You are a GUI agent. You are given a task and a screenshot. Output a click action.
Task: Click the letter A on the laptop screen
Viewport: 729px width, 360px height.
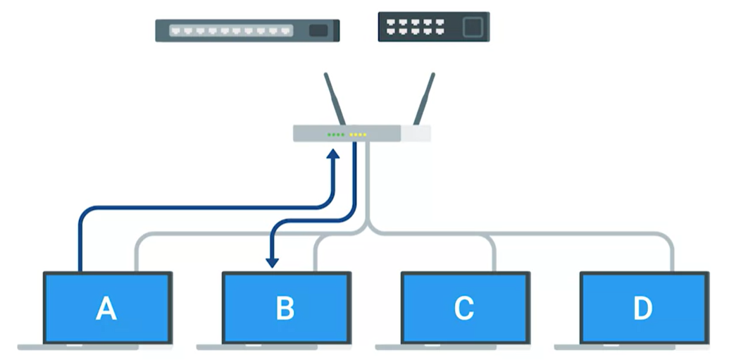click(x=106, y=308)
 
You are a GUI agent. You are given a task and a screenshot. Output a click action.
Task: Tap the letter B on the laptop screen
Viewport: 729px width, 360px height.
click(x=285, y=308)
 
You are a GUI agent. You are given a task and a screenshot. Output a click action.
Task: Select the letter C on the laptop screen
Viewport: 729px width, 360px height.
click(x=463, y=308)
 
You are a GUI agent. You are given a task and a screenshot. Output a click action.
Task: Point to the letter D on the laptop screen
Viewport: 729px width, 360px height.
click(x=642, y=308)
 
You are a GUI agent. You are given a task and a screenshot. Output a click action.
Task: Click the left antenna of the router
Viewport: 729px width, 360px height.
click(x=335, y=99)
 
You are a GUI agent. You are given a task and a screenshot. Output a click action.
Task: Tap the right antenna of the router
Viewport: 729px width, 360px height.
click(x=424, y=99)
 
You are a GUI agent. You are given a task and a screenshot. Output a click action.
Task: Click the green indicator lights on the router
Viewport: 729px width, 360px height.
click(x=335, y=134)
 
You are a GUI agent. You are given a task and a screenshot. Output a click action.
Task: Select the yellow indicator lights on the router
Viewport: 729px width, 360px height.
click(x=358, y=134)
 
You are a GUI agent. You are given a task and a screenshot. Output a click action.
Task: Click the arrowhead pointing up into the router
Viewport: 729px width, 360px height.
click(x=334, y=154)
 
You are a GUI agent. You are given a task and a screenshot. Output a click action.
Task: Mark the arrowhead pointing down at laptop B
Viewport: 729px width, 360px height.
click(x=271, y=261)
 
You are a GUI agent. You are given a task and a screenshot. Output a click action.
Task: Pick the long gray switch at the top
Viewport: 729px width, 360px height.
click(x=247, y=30)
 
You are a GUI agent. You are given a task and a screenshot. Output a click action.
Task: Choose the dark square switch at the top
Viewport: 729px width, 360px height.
click(x=433, y=27)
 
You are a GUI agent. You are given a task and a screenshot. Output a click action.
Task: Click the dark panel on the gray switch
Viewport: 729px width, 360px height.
click(x=318, y=30)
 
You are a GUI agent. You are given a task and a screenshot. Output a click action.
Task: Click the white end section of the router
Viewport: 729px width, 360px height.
click(x=416, y=134)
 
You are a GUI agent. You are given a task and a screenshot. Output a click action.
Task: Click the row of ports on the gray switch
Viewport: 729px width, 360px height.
click(x=232, y=31)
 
